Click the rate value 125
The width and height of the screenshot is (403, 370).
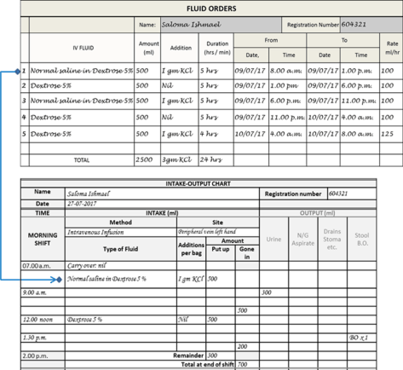pos(388,133)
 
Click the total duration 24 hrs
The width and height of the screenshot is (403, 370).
pos(210,159)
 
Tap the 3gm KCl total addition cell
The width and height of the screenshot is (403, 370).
pos(180,159)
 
